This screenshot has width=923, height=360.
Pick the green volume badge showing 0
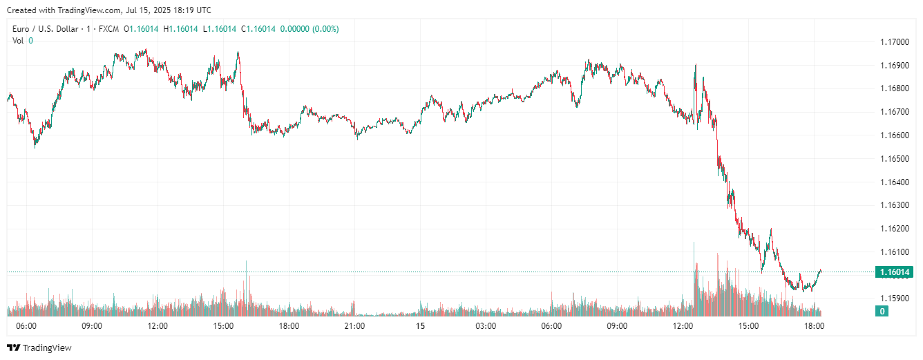click(x=882, y=312)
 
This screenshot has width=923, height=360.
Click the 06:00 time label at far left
click(x=26, y=326)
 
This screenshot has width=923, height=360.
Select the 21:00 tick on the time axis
click(x=354, y=326)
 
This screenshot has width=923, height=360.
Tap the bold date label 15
click(x=420, y=326)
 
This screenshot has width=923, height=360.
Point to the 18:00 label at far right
click(x=814, y=326)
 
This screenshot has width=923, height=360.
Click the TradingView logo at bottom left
click(x=39, y=348)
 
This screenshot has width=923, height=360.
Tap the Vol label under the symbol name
click(x=18, y=41)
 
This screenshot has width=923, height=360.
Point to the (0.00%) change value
click(x=325, y=29)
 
